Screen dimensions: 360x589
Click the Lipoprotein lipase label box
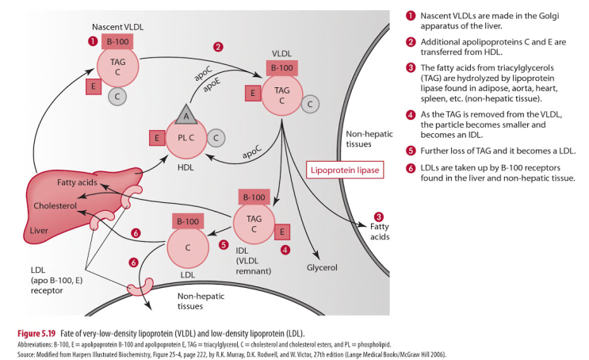343,170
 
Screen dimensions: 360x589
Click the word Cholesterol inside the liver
55,206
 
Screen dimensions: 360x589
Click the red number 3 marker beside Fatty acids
378,216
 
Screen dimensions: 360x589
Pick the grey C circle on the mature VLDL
311,103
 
